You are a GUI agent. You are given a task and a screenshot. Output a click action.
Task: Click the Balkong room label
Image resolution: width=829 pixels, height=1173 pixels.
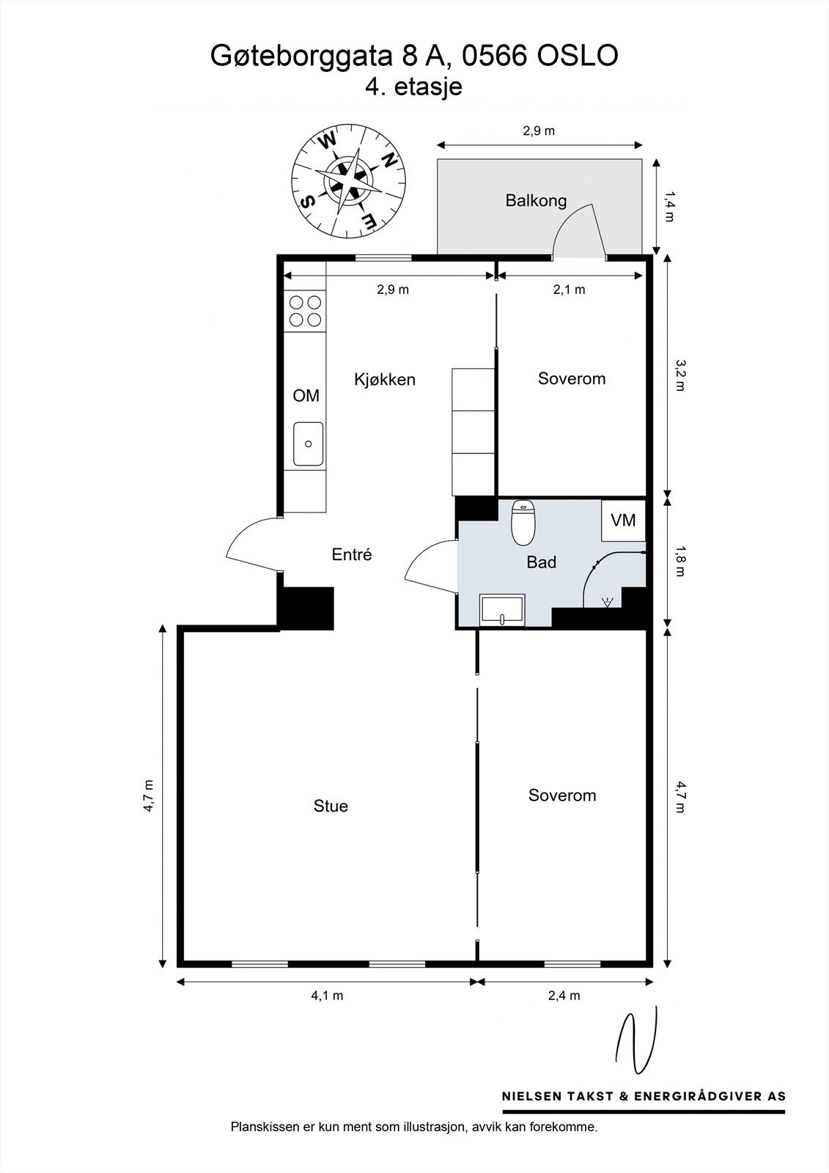coord(536,200)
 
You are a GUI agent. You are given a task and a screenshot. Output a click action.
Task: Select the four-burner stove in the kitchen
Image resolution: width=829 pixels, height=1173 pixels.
coord(305,311)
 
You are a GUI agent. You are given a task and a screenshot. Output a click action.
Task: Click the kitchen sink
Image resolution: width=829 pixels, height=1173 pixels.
coord(308,444)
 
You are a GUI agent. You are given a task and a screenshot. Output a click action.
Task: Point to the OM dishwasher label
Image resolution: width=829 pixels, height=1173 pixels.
coord(306,396)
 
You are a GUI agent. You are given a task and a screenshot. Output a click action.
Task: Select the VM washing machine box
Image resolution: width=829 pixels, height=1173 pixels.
coord(623,520)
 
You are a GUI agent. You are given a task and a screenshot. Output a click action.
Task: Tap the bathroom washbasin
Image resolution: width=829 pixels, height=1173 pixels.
coord(502,610)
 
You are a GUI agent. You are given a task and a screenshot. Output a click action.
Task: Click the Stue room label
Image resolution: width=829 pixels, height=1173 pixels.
coord(331,806)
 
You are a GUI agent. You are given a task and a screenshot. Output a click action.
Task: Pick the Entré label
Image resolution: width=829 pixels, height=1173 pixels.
coord(352,555)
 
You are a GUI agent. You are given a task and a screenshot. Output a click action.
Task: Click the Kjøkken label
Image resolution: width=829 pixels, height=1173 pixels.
coord(385,379)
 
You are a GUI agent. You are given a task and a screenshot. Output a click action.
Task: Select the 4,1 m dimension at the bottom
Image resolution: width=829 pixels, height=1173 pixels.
coord(327,996)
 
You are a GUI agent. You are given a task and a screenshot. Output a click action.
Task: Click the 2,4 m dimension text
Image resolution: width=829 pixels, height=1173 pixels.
coord(564,996)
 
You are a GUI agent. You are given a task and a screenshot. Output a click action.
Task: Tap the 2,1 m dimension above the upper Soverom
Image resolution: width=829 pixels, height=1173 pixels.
coord(570,290)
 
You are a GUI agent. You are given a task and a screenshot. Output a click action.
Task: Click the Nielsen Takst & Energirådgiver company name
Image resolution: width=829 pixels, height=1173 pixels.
coord(644,1096)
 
